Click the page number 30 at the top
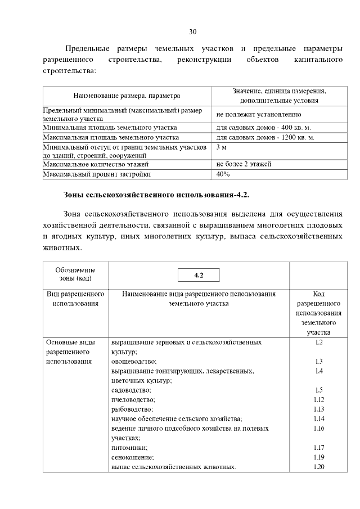click(x=192, y=31)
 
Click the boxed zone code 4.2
click(x=198, y=276)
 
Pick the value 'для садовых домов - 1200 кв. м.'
click(x=265, y=137)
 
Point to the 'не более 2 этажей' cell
click(x=244, y=164)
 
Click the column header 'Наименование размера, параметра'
click(x=127, y=96)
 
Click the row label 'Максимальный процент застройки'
click(x=97, y=174)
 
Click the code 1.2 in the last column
click(x=318, y=342)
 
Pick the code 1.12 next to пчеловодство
click(x=318, y=399)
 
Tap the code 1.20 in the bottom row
click(x=318, y=467)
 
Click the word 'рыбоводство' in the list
click(x=132, y=409)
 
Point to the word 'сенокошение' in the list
click(x=133, y=457)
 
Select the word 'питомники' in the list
click(x=130, y=448)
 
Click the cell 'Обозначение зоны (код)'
click(x=75, y=274)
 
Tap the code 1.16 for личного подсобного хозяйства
click(x=318, y=428)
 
